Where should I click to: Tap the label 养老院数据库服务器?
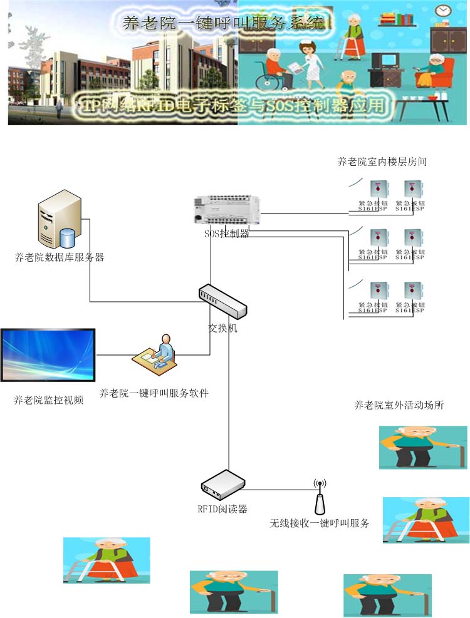60,257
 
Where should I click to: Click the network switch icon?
222,301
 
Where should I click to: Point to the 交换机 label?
222,328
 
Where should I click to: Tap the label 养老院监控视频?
48,400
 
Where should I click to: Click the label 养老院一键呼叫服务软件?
154,393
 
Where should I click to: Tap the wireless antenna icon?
320,498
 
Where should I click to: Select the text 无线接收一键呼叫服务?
319,523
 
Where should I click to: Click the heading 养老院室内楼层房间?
382,162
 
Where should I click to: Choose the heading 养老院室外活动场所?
399,405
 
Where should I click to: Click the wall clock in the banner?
442,11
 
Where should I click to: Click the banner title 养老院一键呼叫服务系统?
222,24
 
